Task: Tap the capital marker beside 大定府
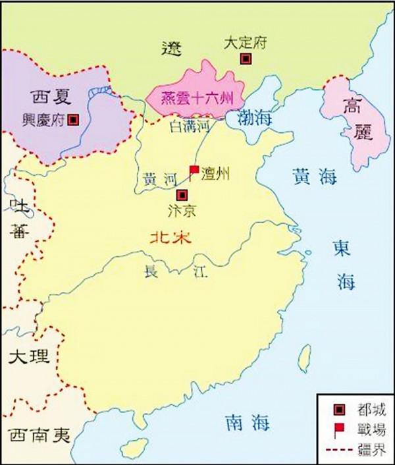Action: point(246,59)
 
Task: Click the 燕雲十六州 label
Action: point(199,100)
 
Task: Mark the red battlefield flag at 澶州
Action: point(194,171)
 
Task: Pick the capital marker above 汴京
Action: point(182,195)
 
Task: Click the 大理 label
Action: point(28,358)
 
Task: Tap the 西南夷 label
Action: point(38,435)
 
